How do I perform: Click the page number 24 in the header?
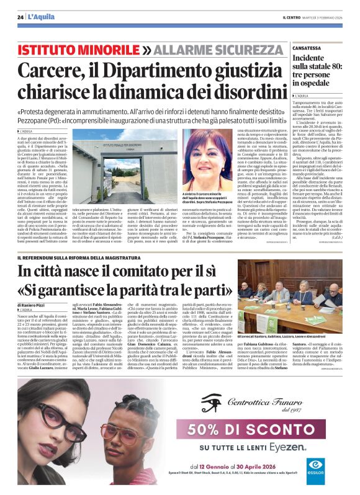point(20,17)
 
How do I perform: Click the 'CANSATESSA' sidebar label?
point(307,48)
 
